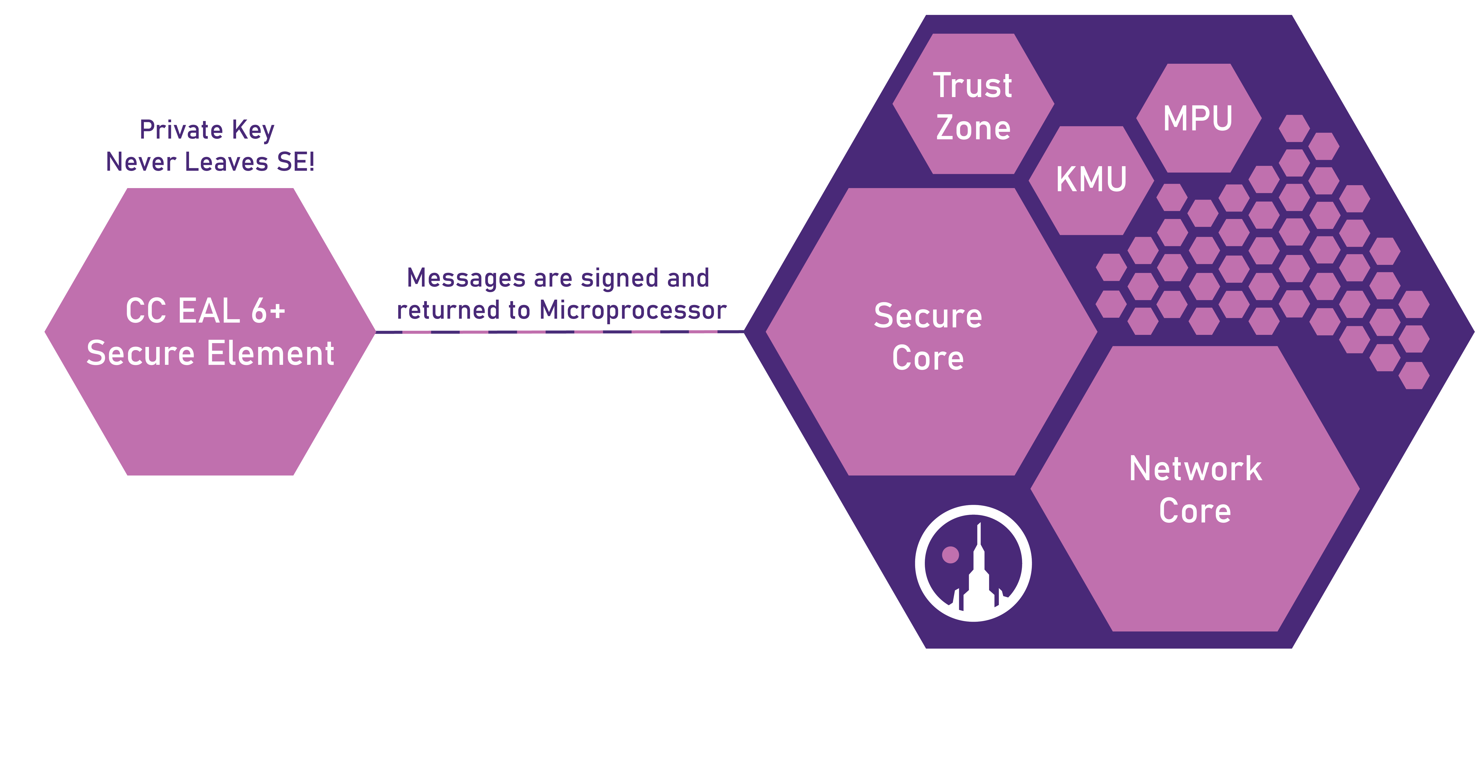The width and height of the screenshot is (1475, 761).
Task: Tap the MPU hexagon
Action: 1198,119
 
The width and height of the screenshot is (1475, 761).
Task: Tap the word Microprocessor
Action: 633,310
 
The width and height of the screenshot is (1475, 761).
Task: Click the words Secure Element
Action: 210,353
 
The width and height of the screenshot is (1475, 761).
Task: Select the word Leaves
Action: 227,162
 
